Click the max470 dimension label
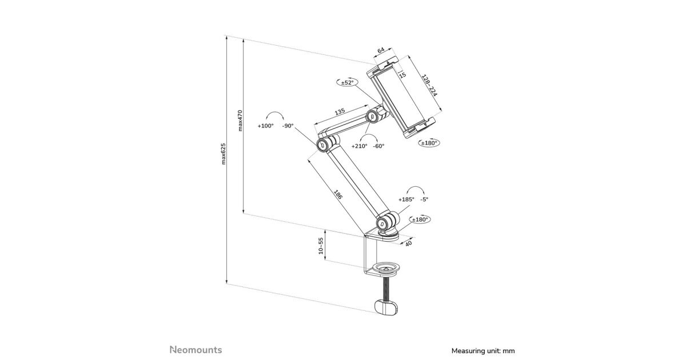click(241, 121)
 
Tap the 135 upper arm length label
click(340, 112)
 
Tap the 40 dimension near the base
click(408, 244)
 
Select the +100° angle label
click(265, 126)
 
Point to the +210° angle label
click(360, 146)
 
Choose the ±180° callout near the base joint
click(420, 219)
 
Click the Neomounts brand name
click(196, 350)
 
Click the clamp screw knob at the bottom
click(389, 306)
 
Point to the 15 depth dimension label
click(402, 75)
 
